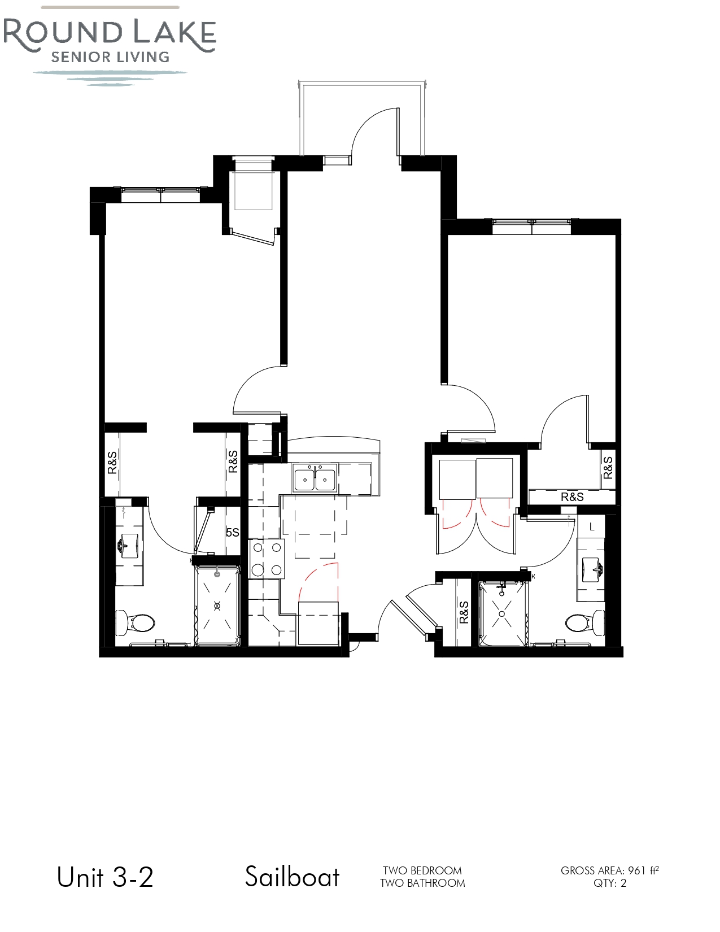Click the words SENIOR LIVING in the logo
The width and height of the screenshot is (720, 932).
(110, 57)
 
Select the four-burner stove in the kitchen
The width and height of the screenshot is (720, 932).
(267, 559)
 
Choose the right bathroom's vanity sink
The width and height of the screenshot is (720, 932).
(592, 569)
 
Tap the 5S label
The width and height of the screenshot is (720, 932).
(233, 532)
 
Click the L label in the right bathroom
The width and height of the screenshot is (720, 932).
(592, 526)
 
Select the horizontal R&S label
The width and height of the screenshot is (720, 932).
(573, 497)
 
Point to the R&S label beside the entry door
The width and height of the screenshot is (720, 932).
(464, 612)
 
